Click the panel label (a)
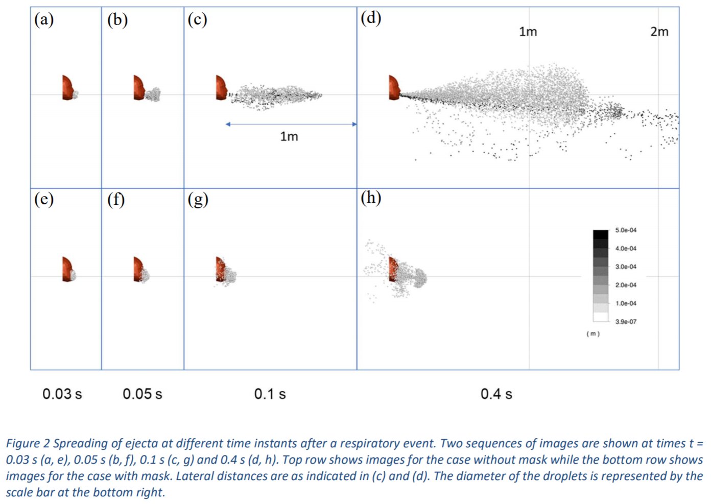pyautogui.click(x=44, y=20)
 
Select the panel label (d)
pyautogui.click(x=371, y=18)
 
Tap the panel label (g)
pyautogui.click(x=198, y=199)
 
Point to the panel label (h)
pyautogui.click(x=371, y=198)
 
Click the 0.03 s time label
pyautogui.click(x=62, y=394)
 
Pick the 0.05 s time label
pyautogui.click(x=143, y=394)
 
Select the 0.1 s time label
pyautogui.click(x=270, y=394)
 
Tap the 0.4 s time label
pyautogui.click(x=496, y=394)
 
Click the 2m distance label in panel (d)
pyautogui.click(x=659, y=32)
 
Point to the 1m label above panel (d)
pyautogui.click(x=528, y=32)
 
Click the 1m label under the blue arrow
pyautogui.click(x=289, y=136)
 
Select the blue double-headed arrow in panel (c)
pyautogui.click(x=291, y=124)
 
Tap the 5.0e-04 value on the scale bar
pyautogui.click(x=626, y=230)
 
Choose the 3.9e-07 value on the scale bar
pyautogui.click(x=626, y=322)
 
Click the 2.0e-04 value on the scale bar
pyautogui.click(x=626, y=285)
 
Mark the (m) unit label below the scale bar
pyautogui.click(x=592, y=333)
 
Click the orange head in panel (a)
pyautogui.click(x=67, y=87)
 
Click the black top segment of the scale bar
pyautogui.click(x=601, y=234)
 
